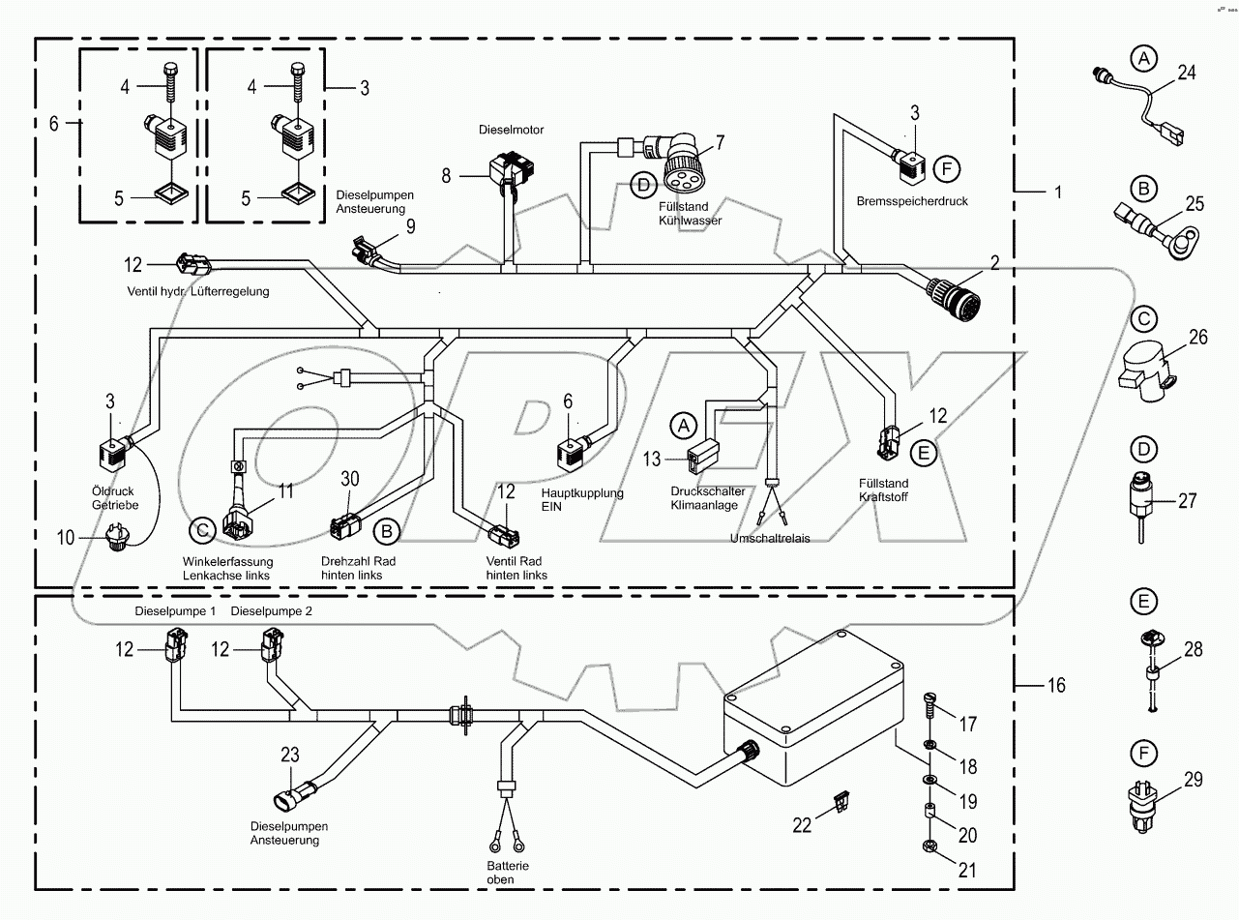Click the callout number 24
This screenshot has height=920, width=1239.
[1187, 71]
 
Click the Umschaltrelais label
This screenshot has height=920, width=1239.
[770, 538]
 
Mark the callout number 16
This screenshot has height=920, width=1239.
[1056, 685]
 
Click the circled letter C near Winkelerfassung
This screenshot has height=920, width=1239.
[202, 529]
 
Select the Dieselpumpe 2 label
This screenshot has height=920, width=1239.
[272, 611]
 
